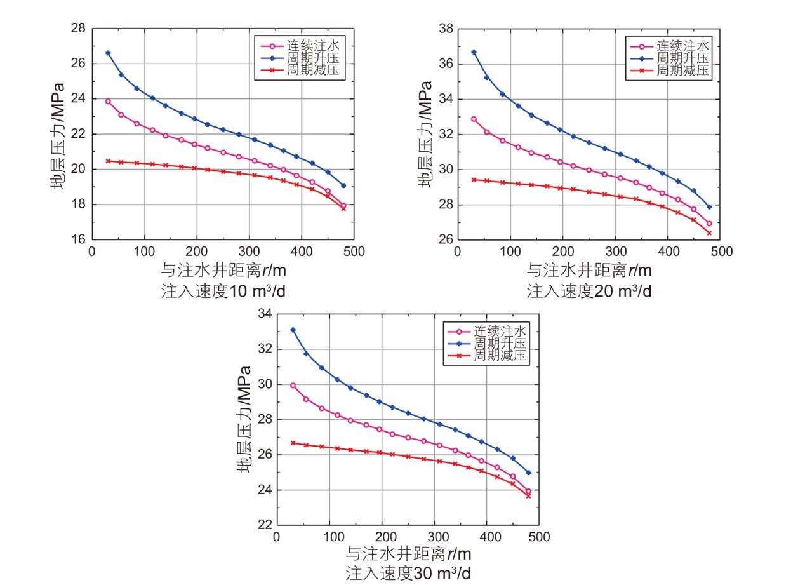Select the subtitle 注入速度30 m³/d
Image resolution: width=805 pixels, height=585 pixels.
(409, 573)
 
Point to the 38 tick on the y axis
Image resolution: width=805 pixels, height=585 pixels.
(446, 29)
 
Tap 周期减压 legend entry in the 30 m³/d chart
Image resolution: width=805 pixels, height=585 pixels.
(492, 356)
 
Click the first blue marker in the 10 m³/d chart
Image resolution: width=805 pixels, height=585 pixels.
(108, 53)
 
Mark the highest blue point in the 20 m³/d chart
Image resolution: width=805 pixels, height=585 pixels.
(474, 52)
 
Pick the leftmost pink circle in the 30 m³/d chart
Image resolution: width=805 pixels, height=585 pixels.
(293, 386)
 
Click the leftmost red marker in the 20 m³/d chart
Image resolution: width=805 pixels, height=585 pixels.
(474, 180)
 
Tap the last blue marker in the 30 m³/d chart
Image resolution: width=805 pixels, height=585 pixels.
(528, 473)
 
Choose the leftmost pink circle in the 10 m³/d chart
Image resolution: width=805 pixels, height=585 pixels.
(108, 101)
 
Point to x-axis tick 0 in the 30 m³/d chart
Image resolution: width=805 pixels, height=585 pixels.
(276, 537)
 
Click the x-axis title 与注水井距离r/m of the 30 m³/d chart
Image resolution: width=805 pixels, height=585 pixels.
(409, 553)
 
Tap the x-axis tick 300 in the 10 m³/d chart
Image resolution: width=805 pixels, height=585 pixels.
(249, 252)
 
